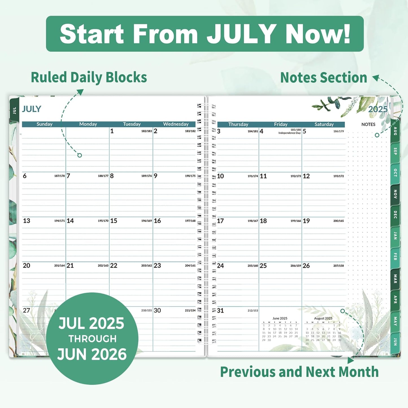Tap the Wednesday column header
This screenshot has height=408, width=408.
pos(176,124)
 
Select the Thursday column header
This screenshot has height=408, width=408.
pos(238,124)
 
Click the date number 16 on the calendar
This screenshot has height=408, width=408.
pos(157,221)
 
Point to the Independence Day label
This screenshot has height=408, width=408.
pos(289,133)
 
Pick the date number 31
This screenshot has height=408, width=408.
pos(221,311)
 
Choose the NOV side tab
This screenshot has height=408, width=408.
pos(395,194)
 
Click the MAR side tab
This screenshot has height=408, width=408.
pos(395,279)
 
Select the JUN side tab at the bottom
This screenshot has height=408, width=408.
pos(395,342)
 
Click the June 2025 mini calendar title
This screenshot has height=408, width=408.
pos(280,318)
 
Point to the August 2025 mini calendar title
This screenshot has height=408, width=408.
pos(323,318)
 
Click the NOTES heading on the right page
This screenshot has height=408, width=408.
pos(368,124)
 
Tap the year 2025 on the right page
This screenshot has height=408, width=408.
pos(378,109)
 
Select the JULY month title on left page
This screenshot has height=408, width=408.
pos(32,109)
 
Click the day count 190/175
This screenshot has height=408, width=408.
pos(190,176)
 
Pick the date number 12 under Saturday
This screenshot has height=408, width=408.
pos(306,176)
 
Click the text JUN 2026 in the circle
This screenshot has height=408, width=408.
pos(92,354)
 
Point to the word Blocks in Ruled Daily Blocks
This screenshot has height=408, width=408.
pos(126,77)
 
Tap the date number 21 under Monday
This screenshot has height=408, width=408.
pos(70,266)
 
